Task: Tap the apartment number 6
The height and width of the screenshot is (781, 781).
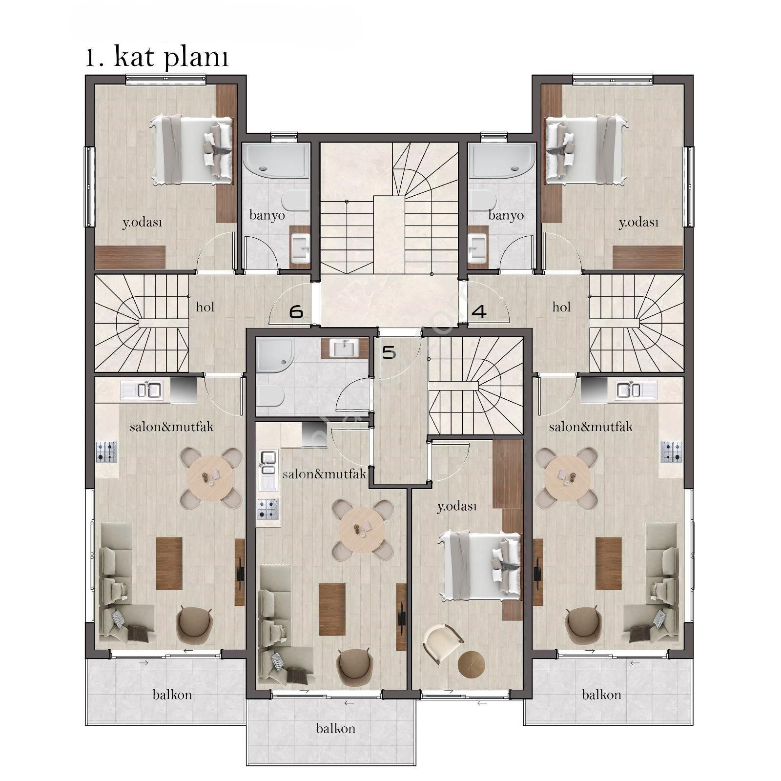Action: point(296,311)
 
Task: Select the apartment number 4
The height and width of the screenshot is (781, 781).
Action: point(479,311)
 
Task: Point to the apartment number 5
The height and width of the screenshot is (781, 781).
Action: point(389,352)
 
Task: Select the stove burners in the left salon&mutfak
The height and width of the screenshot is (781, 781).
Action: point(107,452)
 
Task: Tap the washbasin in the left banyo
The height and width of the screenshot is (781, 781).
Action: point(300,248)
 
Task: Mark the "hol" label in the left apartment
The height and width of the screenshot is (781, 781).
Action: point(205,307)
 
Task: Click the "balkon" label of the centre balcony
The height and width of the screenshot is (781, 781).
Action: point(335,729)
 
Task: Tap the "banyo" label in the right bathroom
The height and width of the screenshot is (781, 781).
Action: point(506,215)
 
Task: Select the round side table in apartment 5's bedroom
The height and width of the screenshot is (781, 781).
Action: point(472,664)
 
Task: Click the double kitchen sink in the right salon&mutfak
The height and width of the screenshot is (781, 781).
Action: point(629,390)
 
